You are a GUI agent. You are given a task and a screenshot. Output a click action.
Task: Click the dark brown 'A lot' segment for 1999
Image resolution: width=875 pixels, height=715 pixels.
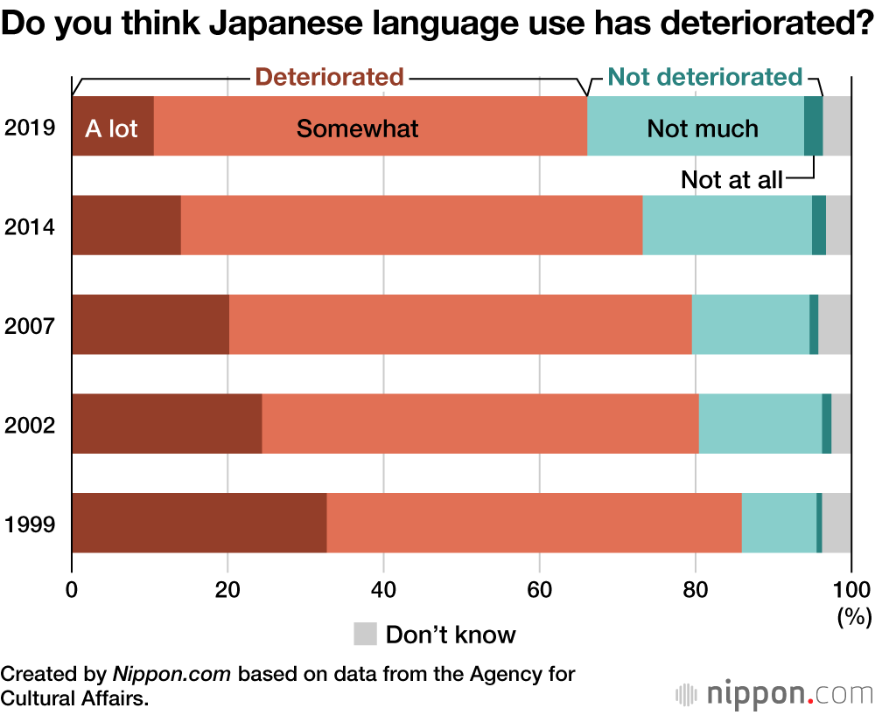199,523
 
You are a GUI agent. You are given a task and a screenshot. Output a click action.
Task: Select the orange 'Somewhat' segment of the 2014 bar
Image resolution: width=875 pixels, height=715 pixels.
411,226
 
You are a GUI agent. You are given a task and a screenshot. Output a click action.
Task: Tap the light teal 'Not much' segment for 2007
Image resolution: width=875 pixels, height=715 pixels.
751,324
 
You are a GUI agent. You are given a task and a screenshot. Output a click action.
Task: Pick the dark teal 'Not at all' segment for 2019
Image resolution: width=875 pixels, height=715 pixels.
813,126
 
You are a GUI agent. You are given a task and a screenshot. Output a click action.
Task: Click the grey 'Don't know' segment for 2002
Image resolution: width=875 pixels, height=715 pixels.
841,424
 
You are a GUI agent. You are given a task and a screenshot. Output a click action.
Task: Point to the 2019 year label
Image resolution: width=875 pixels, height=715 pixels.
31,128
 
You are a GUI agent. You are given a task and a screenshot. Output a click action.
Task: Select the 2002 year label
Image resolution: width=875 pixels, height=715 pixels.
31,426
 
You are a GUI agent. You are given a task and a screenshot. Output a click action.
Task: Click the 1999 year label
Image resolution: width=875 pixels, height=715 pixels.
31,524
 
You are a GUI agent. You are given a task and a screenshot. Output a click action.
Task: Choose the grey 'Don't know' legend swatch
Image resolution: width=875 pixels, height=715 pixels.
365,634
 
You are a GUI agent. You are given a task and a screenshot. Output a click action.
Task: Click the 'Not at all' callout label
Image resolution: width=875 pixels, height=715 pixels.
731,181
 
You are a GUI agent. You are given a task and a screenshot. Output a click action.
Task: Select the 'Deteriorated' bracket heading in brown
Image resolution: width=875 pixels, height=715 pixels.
329,77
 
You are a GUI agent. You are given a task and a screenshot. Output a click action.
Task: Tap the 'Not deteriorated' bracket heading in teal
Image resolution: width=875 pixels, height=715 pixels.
704,77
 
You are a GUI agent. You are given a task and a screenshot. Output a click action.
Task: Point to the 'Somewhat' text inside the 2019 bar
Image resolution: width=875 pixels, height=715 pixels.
357,128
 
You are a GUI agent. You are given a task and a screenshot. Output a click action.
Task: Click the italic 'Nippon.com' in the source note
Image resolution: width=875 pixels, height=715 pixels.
171,675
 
